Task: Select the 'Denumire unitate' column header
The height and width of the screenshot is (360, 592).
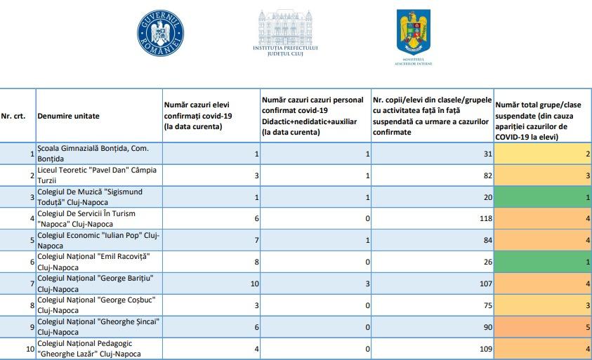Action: (68, 116)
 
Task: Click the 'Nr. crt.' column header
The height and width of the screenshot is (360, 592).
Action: (13, 116)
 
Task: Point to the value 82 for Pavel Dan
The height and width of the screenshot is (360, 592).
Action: (485, 175)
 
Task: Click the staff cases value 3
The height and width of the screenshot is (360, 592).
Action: (367, 284)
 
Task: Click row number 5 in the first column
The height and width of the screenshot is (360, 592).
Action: (31, 240)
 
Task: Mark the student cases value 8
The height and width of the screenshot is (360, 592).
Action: (256, 262)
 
